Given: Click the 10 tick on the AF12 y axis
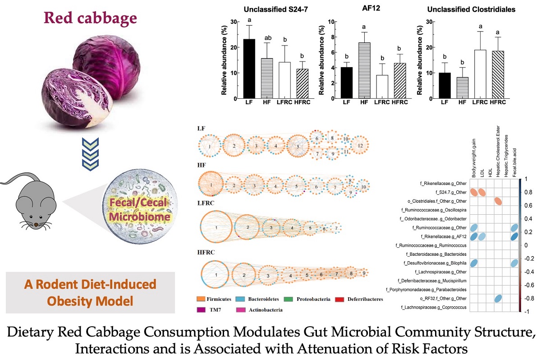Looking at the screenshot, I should [330, 22].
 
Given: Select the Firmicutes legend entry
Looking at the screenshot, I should [219, 299].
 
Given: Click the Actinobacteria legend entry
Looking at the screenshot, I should [261, 310].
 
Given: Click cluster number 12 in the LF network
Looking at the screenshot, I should [360, 145].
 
